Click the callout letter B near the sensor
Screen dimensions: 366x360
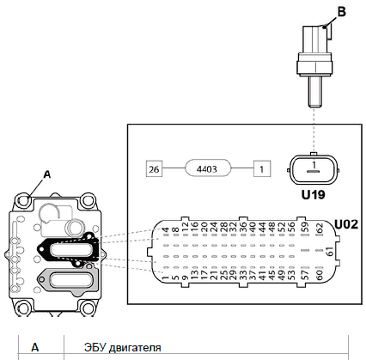(x=342, y=12)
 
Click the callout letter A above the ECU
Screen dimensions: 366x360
(x=47, y=174)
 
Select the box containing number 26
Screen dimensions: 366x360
(x=154, y=169)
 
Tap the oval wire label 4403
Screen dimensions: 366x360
(x=208, y=169)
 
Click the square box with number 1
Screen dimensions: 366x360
(x=262, y=169)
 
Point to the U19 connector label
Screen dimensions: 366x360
(x=314, y=195)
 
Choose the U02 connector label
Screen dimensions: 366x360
(x=346, y=224)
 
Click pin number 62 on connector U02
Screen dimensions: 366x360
(x=320, y=229)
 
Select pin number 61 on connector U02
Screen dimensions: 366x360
(x=330, y=252)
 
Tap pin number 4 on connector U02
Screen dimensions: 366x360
(x=165, y=230)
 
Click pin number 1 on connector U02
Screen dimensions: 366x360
(x=165, y=278)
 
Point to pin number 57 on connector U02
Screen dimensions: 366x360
(x=306, y=275)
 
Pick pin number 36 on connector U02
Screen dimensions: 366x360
(x=243, y=228)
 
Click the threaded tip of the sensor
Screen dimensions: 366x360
(x=315, y=93)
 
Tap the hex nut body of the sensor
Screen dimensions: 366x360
(x=315, y=64)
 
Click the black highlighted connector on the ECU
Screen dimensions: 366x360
(x=70, y=250)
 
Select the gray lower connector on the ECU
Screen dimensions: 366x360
(x=68, y=281)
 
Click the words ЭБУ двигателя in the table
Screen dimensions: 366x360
(x=123, y=348)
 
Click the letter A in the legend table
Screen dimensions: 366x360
(x=35, y=348)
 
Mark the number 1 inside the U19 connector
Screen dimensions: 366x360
(x=314, y=165)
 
